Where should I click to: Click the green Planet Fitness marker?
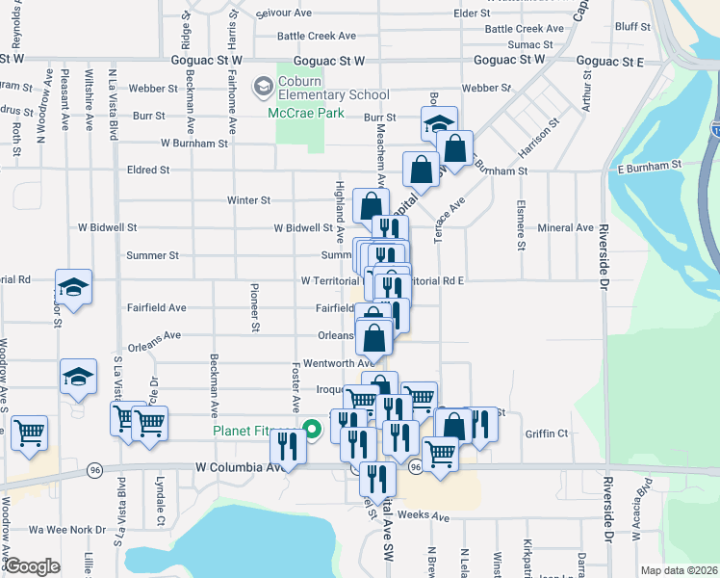(x=311, y=430)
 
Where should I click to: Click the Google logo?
(x=32, y=566)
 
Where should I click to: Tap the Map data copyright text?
(x=680, y=570)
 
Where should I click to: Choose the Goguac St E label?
(x=610, y=60)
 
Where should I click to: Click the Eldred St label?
(x=148, y=170)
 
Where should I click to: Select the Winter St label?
(x=248, y=200)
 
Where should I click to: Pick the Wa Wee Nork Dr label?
(x=67, y=530)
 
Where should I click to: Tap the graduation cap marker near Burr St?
(x=438, y=124)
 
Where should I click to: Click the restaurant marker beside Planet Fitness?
(x=287, y=446)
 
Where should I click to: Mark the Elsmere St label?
(x=521, y=225)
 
